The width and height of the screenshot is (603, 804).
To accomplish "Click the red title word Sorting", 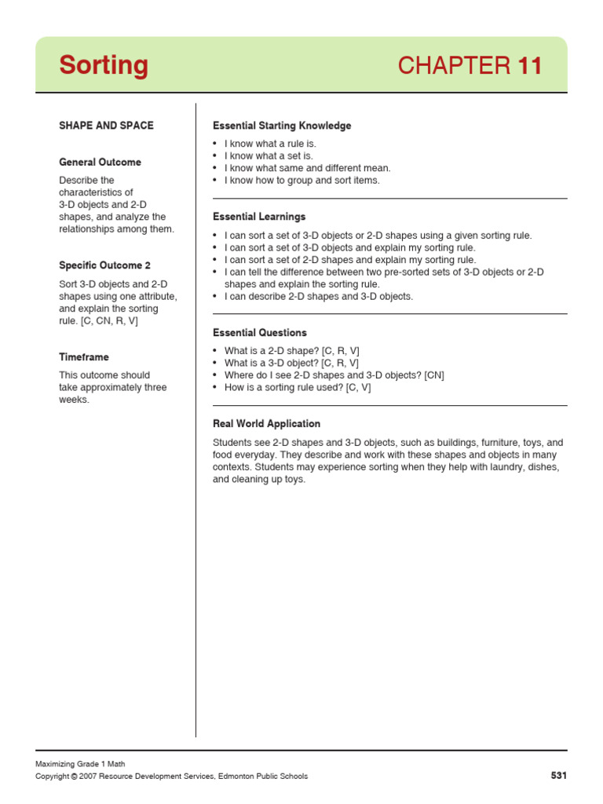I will (104, 66).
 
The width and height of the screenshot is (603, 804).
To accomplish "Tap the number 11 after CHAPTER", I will (529, 66).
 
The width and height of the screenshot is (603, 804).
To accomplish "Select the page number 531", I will (558, 776).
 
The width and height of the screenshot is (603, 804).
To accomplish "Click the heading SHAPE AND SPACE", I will (106, 126).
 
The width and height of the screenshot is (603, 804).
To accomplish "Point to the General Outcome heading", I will (100, 163).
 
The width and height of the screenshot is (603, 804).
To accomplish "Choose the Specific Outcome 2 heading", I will (104, 265).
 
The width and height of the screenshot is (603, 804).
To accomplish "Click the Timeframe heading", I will (84, 357).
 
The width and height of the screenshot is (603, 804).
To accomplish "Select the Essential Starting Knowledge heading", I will (282, 126).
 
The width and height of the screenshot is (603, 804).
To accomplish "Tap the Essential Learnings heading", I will (259, 217).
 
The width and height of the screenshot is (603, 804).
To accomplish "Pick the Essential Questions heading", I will (260, 333).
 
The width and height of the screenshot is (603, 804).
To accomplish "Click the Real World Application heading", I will (266, 424).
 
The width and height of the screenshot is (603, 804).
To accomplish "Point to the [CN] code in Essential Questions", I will (433, 375).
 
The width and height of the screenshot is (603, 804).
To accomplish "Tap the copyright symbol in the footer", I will (74, 777).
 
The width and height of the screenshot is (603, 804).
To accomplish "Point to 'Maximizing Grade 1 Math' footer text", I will (80, 764).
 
